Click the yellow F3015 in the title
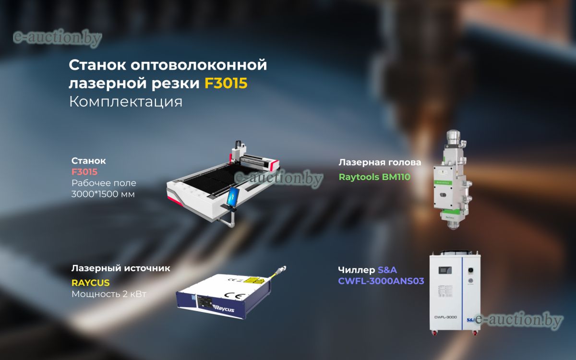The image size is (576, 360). click(x=226, y=83)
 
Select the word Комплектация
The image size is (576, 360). click(x=126, y=102)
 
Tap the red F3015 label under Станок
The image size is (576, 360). click(x=84, y=172)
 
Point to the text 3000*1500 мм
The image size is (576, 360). click(x=103, y=194)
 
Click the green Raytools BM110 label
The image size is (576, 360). click(x=374, y=177)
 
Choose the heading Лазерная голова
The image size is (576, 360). click(x=380, y=163)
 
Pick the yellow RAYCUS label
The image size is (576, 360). click(x=91, y=283)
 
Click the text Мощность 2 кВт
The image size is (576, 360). click(x=109, y=294)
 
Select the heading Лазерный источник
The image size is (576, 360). click(x=120, y=268)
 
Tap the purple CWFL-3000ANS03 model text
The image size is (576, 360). click(x=381, y=281)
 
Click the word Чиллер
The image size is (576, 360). click(x=356, y=270)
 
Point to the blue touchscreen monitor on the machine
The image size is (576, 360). click(x=233, y=197)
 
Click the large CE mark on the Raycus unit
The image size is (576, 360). click(x=234, y=296)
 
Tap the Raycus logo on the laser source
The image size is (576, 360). click(x=224, y=308)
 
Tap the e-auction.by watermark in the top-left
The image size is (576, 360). click(x=57, y=38)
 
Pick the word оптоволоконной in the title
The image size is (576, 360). click(x=199, y=65)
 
